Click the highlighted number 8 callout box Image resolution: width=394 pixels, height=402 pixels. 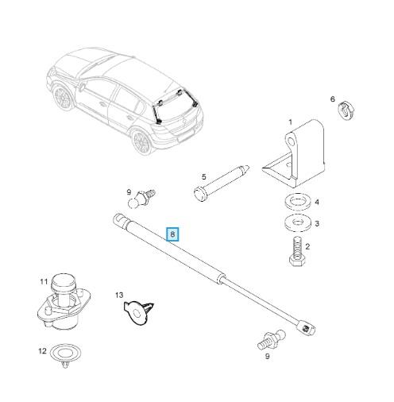click(172, 234)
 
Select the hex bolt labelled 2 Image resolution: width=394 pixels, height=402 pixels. click(297, 250)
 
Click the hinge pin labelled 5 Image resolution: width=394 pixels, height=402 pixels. click(222, 183)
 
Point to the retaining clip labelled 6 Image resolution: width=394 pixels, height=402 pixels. click(346, 110)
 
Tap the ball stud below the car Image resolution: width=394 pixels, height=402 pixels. click(141, 199)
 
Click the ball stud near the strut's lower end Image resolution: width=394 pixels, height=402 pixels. click(271, 341)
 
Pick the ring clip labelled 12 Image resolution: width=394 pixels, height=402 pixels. click(65, 355)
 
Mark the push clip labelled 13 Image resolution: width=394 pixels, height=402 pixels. click(138, 312)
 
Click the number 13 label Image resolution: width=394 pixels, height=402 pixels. click(119, 295)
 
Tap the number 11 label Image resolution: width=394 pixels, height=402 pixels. click(44, 281)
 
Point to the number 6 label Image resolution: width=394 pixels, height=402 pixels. click(333, 99)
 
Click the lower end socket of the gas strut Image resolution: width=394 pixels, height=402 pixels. click(307, 328)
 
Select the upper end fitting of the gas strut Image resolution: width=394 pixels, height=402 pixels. click(121, 220)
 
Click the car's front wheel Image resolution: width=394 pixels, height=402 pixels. click(63, 97)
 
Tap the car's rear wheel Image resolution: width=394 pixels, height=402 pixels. click(142, 141)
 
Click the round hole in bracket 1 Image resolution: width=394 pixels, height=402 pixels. click(292, 141)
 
